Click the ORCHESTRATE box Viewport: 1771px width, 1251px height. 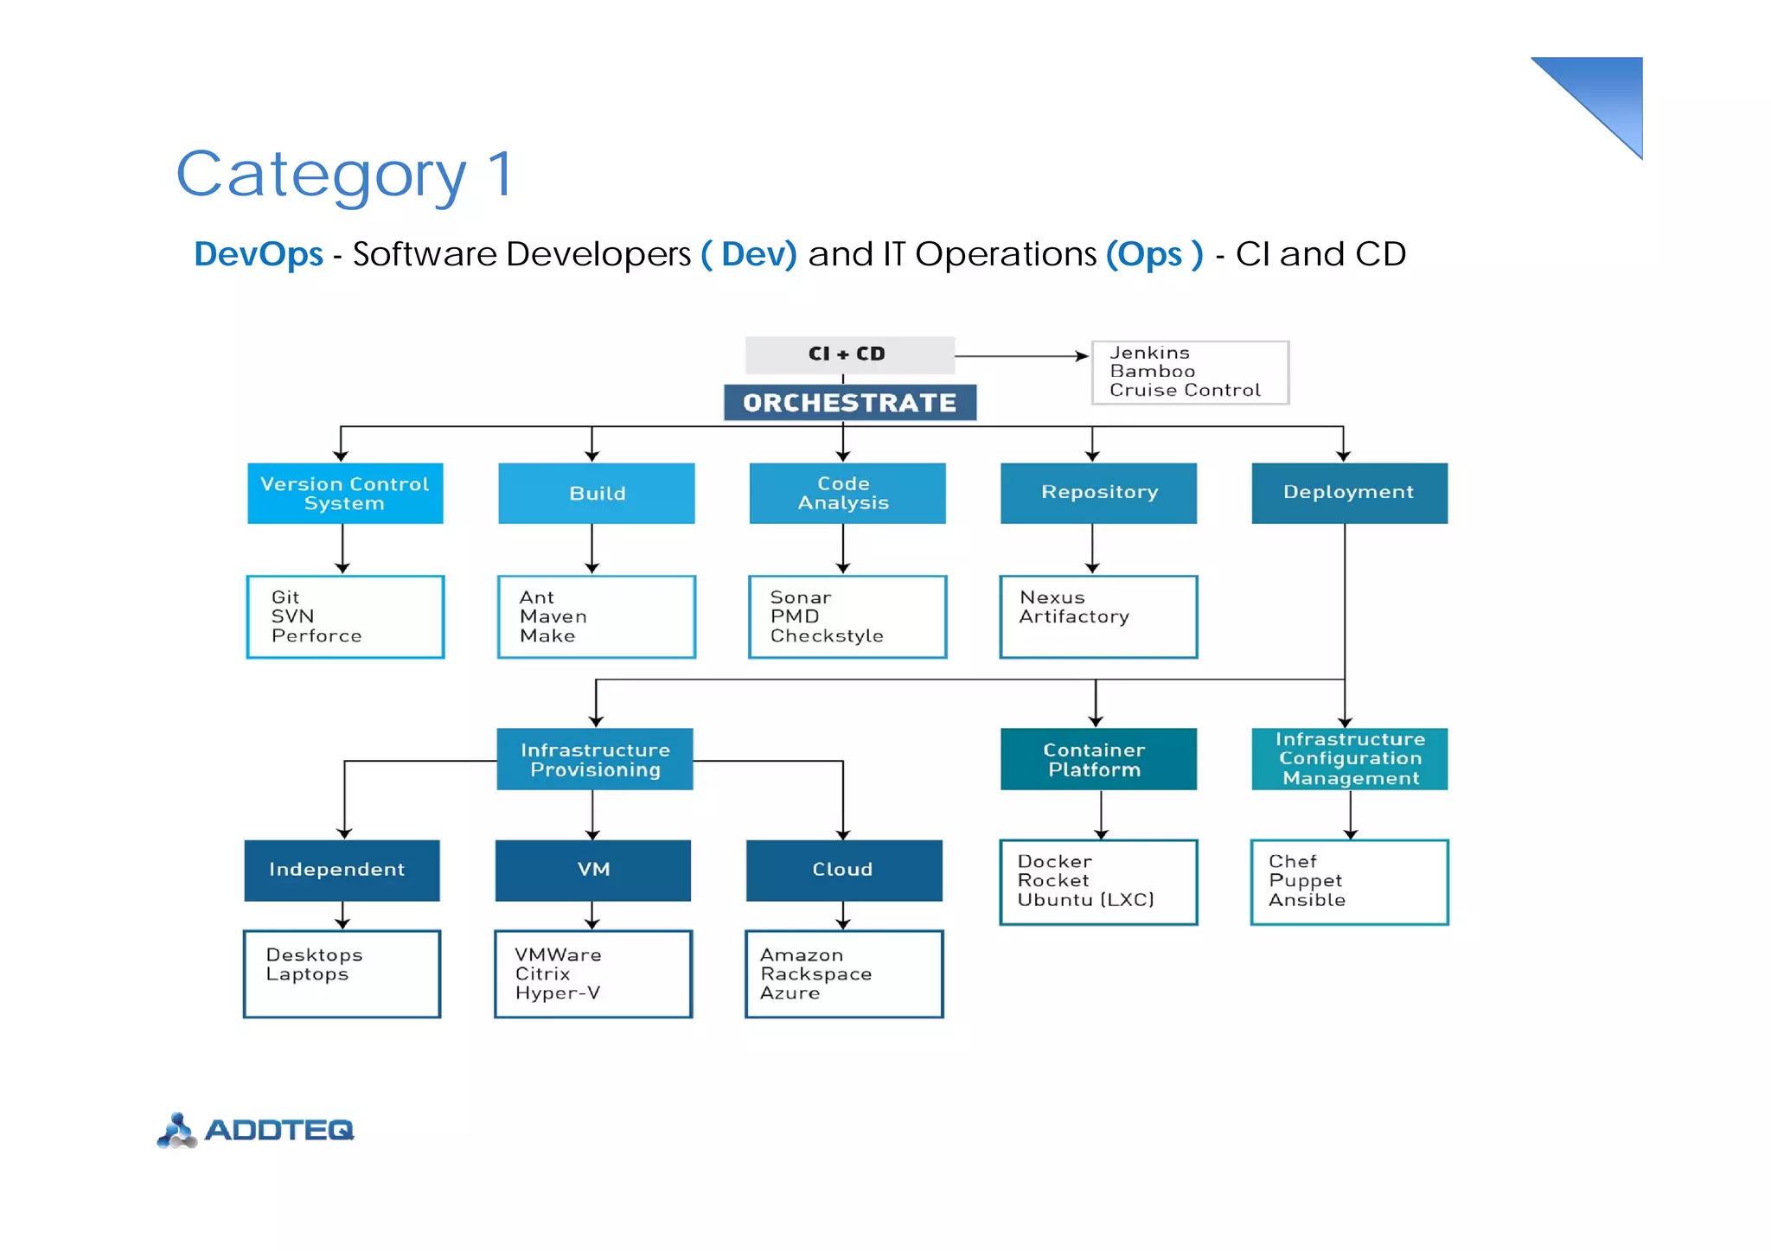(x=850, y=403)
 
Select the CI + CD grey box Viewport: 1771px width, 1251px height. (x=849, y=354)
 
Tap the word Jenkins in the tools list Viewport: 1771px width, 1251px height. (x=1149, y=353)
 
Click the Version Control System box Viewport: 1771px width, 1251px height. (x=345, y=494)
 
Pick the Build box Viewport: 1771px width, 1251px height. (x=597, y=494)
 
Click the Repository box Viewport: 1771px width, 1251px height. (x=1098, y=493)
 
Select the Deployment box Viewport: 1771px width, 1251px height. (x=1349, y=493)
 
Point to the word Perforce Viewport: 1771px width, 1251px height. (x=316, y=636)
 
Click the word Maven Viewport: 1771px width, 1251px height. (x=553, y=616)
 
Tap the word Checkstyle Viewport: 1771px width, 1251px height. (x=827, y=636)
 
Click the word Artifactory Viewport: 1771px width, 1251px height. (x=1074, y=616)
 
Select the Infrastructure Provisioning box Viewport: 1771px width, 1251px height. (x=595, y=760)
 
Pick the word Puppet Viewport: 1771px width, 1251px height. (x=1305, y=881)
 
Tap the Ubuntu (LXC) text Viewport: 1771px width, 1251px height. (x=1085, y=900)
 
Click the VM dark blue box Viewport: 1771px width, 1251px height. (x=593, y=870)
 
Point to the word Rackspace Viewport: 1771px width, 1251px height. (x=815, y=974)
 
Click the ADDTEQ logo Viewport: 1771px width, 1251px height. (x=256, y=1130)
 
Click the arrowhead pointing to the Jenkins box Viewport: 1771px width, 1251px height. (x=1082, y=356)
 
